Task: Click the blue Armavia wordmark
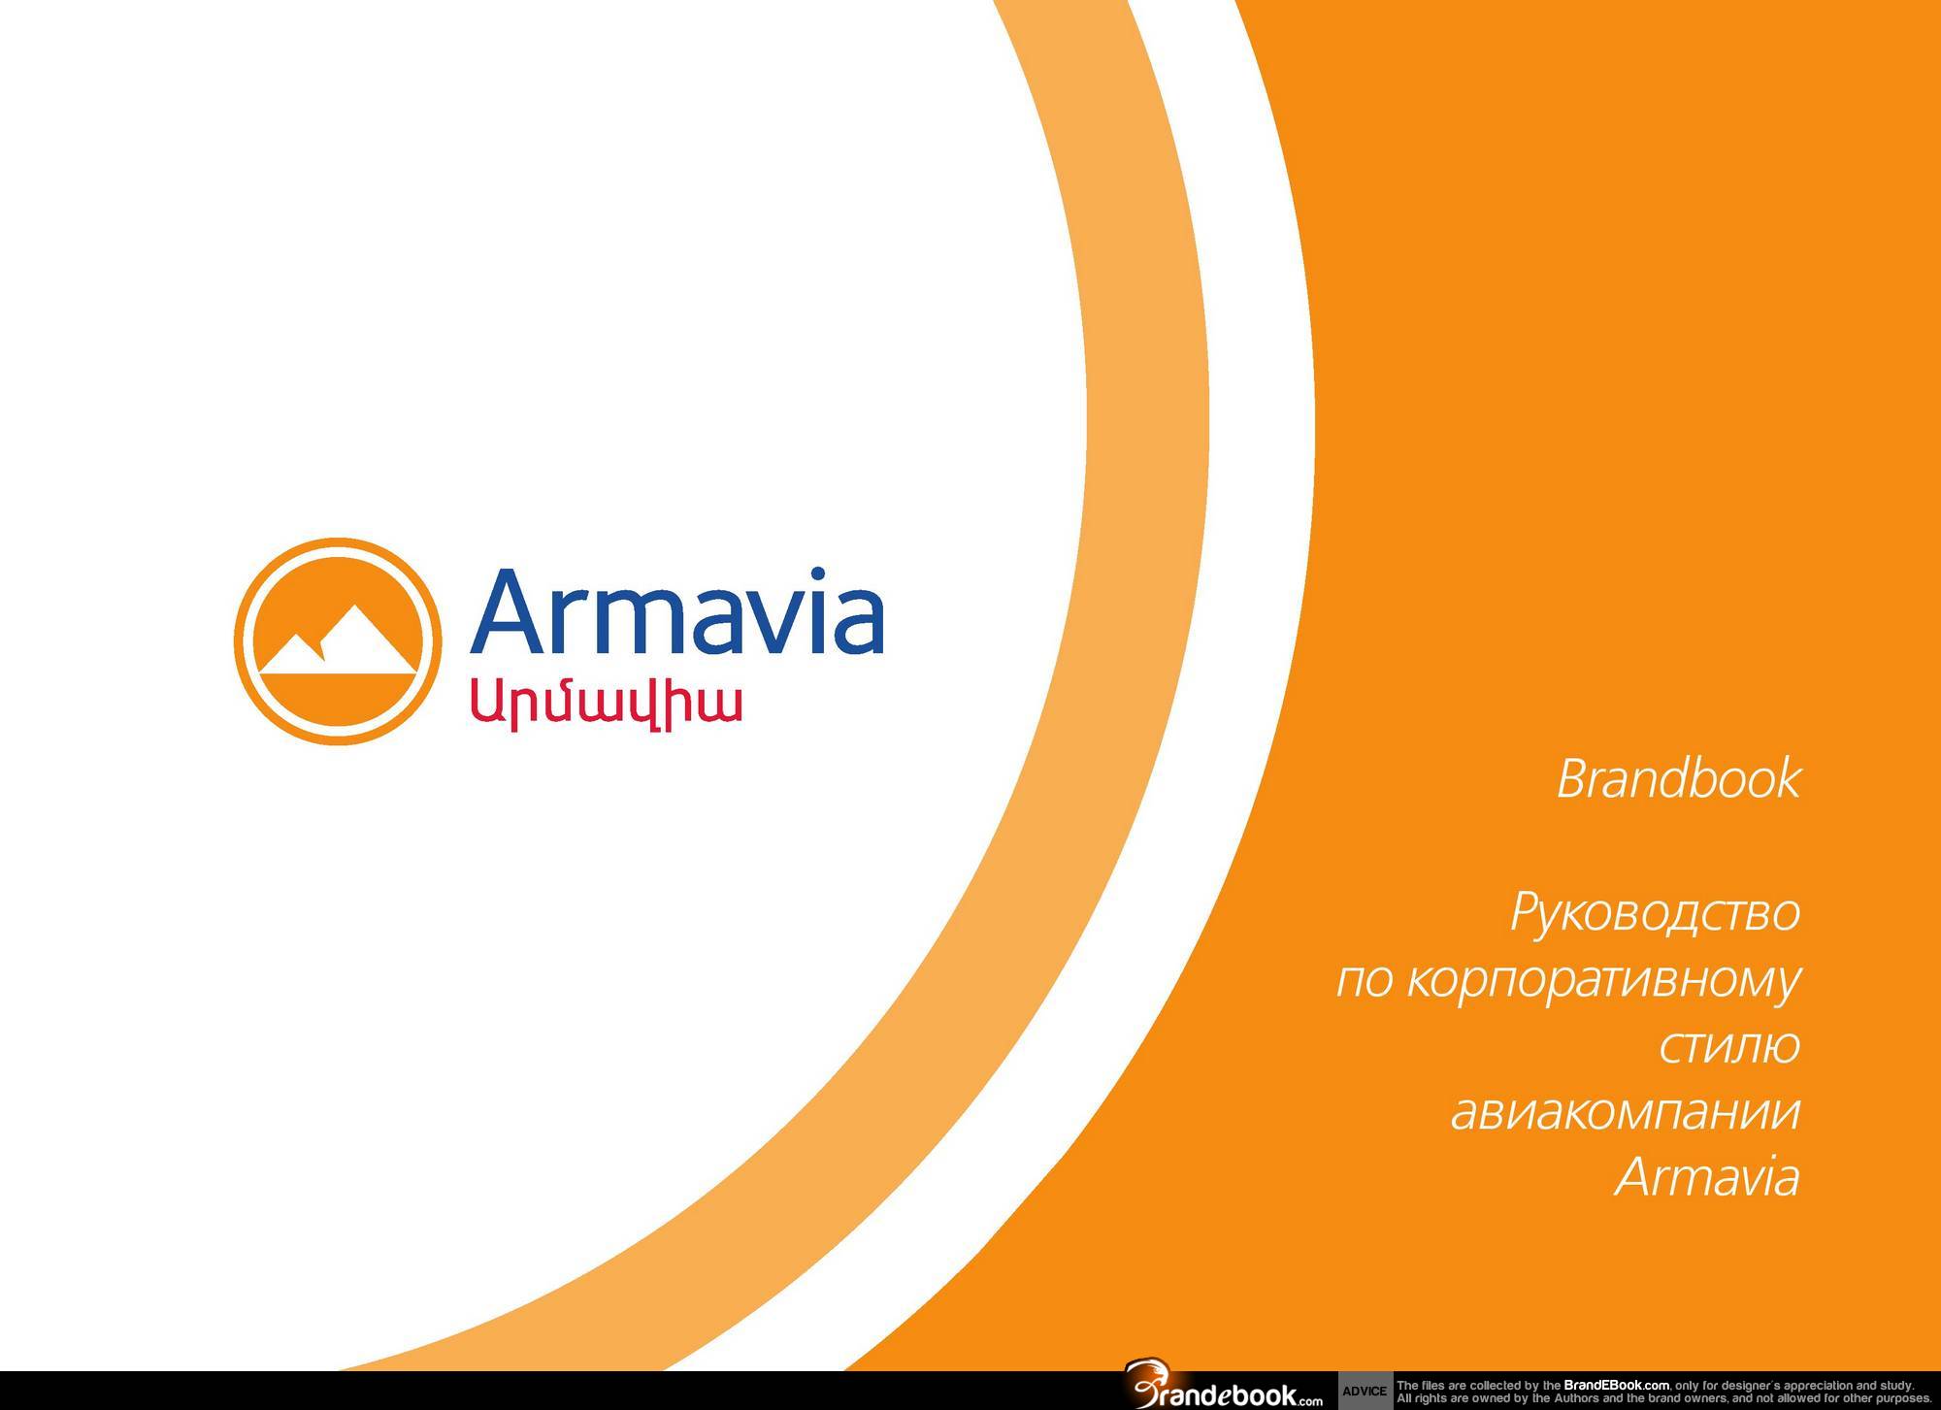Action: click(676, 612)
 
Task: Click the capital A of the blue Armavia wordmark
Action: click(509, 612)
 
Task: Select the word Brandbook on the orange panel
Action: click(1678, 778)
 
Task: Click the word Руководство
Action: click(1655, 914)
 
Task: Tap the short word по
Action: click(1365, 981)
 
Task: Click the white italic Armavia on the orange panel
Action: click(1707, 1176)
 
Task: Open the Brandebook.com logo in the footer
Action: click(1225, 1390)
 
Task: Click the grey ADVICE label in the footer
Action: click(1365, 1392)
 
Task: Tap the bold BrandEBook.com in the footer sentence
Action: click(1617, 1385)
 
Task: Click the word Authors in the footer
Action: click(1575, 1398)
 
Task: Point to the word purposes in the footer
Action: click(1900, 1398)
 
